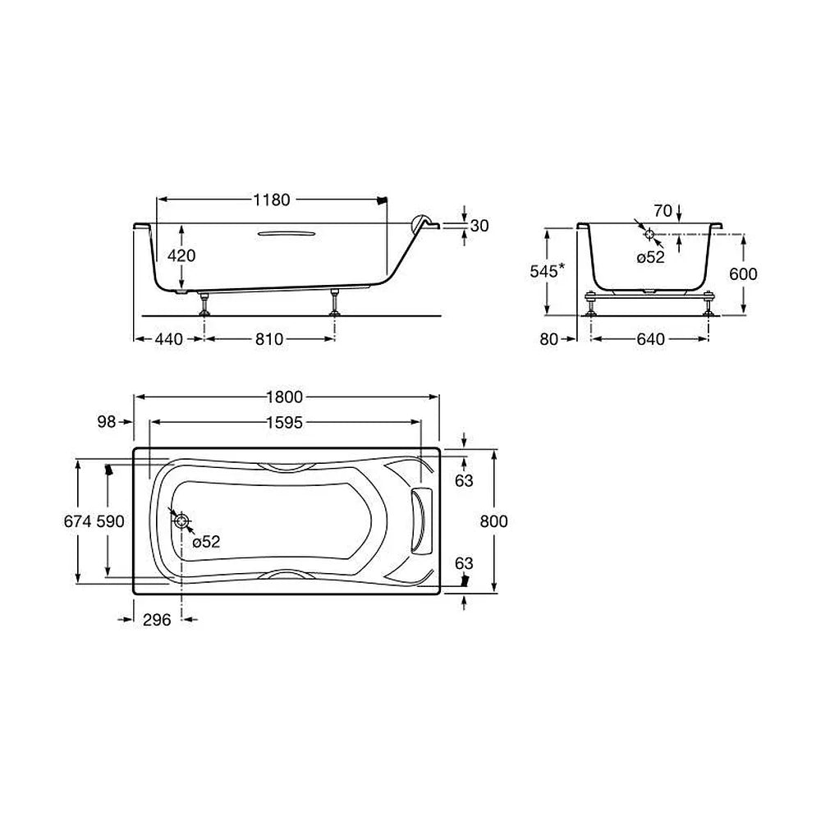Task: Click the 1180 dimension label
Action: pyautogui.click(x=271, y=200)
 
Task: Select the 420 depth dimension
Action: pyautogui.click(x=181, y=255)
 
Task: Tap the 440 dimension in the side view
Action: pyautogui.click(x=169, y=339)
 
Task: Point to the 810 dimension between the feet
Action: pyautogui.click(x=269, y=339)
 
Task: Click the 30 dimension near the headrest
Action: pyautogui.click(x=479, y=226)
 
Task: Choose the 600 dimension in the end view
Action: pyautogui.click(x=743, y=274)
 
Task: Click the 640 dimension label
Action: pyautogui.click(x=650, y=339)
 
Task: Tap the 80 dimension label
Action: pyautogui.click(x=548, y=339)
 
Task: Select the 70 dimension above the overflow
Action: pyautogui.click(x=663, y=210)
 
